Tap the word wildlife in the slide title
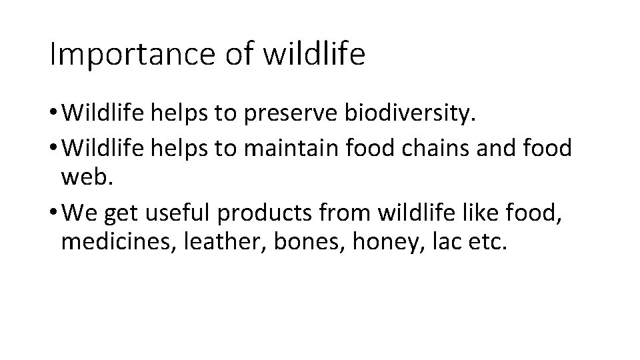click(315, 54)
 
